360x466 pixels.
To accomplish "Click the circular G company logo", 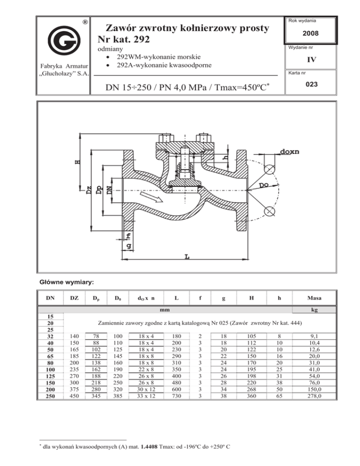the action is [64, 40].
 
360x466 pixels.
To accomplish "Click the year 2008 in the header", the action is [311, 33].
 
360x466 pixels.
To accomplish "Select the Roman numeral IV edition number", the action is [312, 60].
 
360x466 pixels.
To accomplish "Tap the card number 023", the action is [312, 84].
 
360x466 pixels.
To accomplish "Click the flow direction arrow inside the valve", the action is [151, 197].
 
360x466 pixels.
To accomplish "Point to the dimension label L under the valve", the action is [187, 256].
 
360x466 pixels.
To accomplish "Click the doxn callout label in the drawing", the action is [290, 151].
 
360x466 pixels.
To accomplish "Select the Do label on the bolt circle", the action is [263, 185].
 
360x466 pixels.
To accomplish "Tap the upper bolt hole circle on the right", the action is [270, 169].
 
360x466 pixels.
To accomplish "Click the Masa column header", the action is [314, 298].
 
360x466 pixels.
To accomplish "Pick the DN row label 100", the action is [50, 369].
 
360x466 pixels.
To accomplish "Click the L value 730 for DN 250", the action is [177, 396].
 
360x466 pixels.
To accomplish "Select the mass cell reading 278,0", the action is [314, 396].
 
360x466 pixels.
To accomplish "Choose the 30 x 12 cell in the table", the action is [146, 389].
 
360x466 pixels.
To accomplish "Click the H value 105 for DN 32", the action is [252, 336].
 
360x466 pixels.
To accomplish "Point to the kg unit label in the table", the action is [314, 309].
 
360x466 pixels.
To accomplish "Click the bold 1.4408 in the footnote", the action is [149, 446].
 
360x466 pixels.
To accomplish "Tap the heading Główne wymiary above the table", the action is [67, 282].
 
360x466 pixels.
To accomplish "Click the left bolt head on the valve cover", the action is [165, 138].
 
